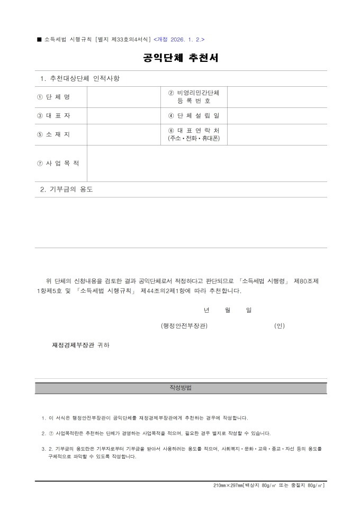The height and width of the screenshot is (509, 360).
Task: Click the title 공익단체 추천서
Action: click(181, 58)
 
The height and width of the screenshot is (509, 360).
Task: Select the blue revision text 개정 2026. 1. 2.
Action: click(179, 39)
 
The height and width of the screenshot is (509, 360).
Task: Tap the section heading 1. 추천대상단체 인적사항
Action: click(80, 79)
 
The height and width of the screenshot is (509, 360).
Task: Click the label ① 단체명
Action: click(53, 97)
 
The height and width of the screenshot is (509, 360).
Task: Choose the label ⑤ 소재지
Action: click(53, 134)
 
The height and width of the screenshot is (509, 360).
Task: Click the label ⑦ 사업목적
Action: click(58, 163)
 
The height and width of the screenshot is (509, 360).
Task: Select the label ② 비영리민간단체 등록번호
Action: click(193, 97)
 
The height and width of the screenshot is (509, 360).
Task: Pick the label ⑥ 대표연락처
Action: click(193, 134)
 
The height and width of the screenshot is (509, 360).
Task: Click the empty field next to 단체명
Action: click(123, 97)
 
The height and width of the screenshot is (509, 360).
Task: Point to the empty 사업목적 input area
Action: click(206, 163)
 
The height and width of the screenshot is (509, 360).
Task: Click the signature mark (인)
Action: click(280, 326)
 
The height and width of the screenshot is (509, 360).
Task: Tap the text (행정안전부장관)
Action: click(184, 326)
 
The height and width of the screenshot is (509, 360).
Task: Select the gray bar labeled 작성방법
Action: click(181, 388)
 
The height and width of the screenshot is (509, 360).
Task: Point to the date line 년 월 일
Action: click(227, 310)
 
